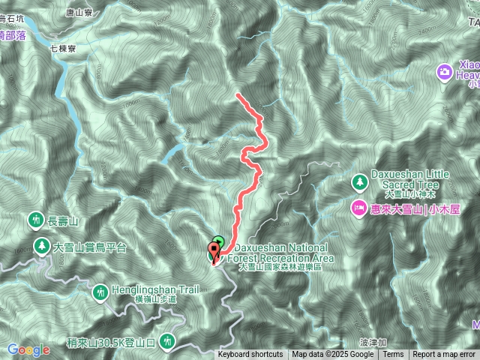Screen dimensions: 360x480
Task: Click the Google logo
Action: point(28,349)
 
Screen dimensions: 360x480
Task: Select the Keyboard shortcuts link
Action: point(250,355)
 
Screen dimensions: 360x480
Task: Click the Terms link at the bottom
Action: point(392,355)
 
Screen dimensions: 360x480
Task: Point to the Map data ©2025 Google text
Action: point(333,355)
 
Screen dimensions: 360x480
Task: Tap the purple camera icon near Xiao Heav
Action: point(444,71)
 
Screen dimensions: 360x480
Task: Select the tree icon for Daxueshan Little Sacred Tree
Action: point(359,181)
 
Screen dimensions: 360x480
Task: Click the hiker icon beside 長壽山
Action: point(35,220)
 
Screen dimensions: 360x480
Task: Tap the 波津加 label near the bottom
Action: point(370,341)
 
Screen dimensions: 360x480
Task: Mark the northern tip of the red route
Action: point(237,94)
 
